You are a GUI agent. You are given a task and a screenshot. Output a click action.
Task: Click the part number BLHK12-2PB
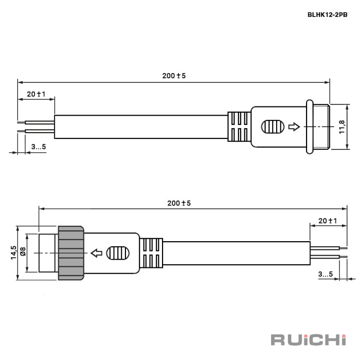327,15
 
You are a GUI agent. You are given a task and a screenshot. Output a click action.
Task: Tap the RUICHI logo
309,339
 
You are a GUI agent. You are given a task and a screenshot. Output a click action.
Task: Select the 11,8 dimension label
341,127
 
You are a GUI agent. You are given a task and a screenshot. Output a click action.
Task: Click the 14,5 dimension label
13,253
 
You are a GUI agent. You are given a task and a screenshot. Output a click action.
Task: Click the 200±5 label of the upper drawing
174,76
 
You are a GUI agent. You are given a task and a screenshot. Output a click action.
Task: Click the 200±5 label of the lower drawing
179,203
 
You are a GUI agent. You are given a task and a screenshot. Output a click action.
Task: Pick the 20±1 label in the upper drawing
36,94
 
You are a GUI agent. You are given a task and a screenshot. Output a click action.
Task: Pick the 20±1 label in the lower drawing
327,221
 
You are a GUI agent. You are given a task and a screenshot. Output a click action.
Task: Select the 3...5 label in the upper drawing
38,147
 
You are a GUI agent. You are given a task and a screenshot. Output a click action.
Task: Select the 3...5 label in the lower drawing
325,274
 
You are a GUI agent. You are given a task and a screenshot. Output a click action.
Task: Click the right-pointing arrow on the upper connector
294,127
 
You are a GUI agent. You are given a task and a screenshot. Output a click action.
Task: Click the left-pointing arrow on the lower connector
96,253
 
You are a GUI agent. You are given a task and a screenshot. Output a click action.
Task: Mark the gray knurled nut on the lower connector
71,253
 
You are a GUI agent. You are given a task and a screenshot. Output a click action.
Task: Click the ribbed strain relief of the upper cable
239,127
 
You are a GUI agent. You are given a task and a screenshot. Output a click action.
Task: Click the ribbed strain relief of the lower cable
151,253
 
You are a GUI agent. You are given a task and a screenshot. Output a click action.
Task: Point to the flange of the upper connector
309,127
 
